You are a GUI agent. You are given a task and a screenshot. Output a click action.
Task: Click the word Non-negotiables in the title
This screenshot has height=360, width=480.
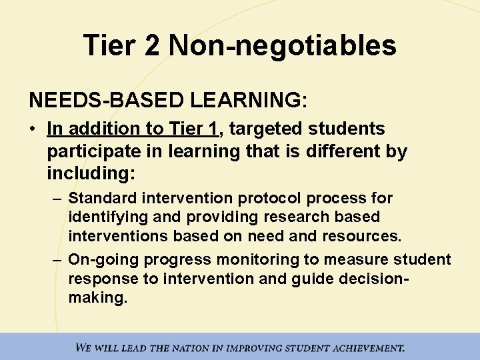(283, 46)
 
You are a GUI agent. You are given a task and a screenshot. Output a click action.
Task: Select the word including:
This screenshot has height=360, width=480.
(91, 174)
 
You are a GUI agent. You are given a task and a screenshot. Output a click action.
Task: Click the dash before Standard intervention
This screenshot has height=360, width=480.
(58, 199)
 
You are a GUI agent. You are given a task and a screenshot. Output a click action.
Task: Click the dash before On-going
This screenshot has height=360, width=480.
(58, 259)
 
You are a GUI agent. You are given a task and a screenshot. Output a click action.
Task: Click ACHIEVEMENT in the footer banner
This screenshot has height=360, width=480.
(360, 347)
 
